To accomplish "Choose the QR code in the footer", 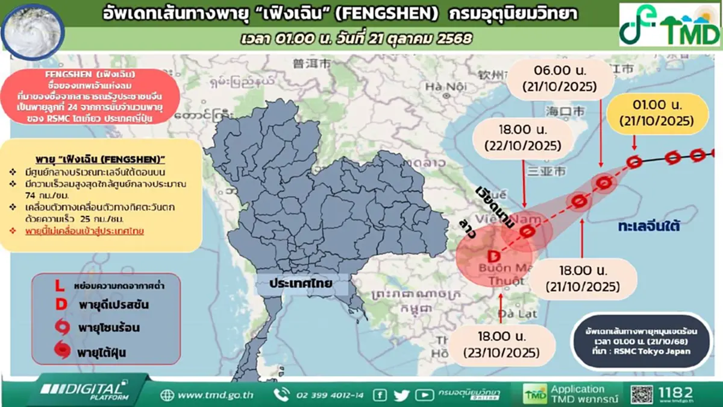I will [641, 394].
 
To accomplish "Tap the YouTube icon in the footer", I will [424, 395].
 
